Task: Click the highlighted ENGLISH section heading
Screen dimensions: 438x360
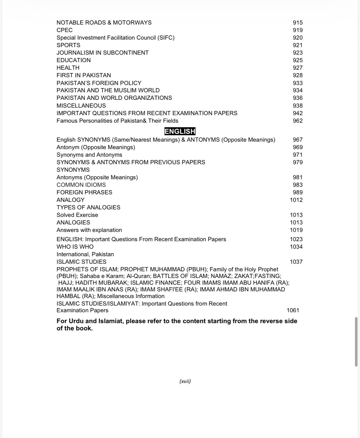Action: pyautogui.click(x=180, y=131)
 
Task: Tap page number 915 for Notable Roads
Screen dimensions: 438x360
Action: pyautogui.click(x=297, y=23)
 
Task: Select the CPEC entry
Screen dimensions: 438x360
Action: pyautogui.click(x=64, y=30)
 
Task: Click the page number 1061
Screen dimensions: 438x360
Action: pyautogui.click(x=293, y=310)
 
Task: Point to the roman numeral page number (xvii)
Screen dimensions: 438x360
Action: pyautogui.click(x=185, y=381)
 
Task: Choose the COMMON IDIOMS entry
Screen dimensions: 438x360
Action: pyautogui.click(x=81, y=185)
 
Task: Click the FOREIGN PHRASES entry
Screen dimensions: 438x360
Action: pyautogui.click(x=84, y=192)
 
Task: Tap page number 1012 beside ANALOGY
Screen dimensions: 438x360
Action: pyautogui.click(x=296, y=200)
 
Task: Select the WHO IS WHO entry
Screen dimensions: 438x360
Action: pyautogui.click(x=75, y=247)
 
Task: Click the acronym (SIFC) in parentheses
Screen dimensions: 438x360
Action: pyautogui.click(x=166, y=38)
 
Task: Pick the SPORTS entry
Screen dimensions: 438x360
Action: pyautogui.click(x=68, y=45)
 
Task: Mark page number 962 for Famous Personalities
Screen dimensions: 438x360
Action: pyautogui.click(x=297, y=121)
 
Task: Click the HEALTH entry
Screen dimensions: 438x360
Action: pyautogui.click(x=68, y=68)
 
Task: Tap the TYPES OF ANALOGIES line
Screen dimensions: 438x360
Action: pyautogui.click(x=88, y=207)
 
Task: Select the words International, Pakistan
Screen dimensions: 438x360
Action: pyautogui.click(x=85, y=254)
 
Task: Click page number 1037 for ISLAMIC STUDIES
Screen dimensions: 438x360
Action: pyautogui.click(x=296, y=262)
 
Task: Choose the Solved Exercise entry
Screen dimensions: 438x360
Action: pyautogui.click(x=77, y=215)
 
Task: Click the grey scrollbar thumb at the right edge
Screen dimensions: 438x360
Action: pyautogui.click(x=356, y=342)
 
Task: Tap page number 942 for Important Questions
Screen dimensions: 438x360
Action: pyautogui.click(x=297, y=113)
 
